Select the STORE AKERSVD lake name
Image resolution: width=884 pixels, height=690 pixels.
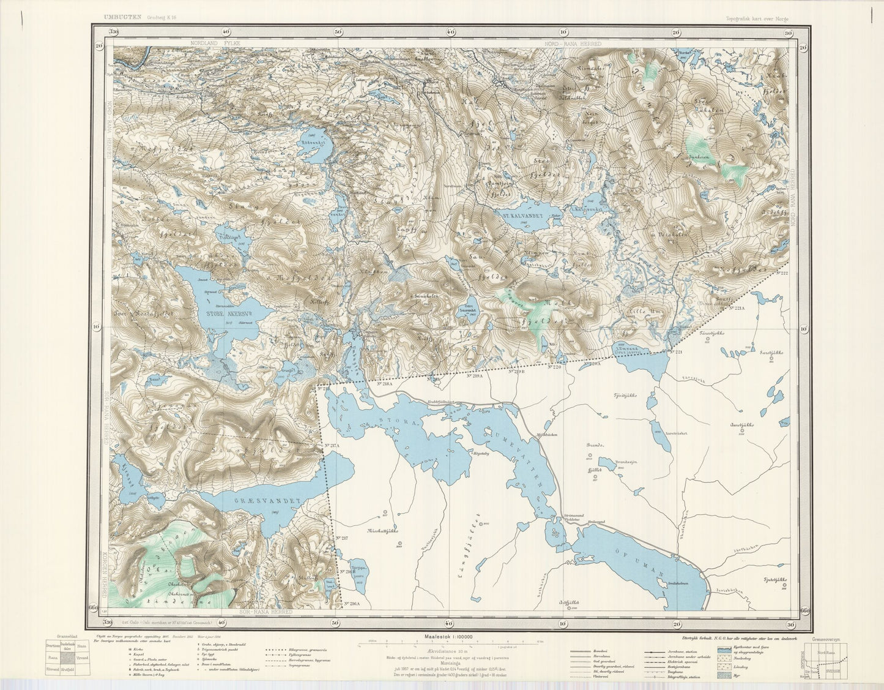point(225,309)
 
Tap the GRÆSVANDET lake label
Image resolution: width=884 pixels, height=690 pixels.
point(268,501)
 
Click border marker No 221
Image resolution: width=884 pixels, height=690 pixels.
point(675,351)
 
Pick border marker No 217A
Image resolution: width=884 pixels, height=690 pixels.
point(332,446)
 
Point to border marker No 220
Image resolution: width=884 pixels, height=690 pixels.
point(555,367)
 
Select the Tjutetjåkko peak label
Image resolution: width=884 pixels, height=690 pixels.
point(774,579)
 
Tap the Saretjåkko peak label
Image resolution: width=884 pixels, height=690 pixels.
point(771,353)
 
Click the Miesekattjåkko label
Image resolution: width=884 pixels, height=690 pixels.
point(384,531)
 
